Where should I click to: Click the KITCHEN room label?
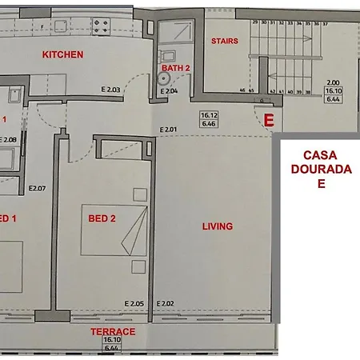(63, 54)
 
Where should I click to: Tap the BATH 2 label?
(176, 69)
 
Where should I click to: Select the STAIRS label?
(224, 41)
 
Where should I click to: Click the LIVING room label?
(217, 226)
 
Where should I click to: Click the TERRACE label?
(113, 331)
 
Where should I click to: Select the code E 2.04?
(170, 91)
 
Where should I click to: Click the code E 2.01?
(168, 130)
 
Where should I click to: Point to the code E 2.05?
(134, 303)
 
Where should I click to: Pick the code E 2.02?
(166, 303)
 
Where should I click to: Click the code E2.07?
(37, 189)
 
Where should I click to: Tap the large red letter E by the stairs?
(270, 122)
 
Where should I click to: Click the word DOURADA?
(321, 169)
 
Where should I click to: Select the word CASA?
(321, 155)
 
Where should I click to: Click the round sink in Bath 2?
(167, 56)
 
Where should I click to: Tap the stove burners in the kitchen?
(101, 26)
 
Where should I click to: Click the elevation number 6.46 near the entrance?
(209, 125)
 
